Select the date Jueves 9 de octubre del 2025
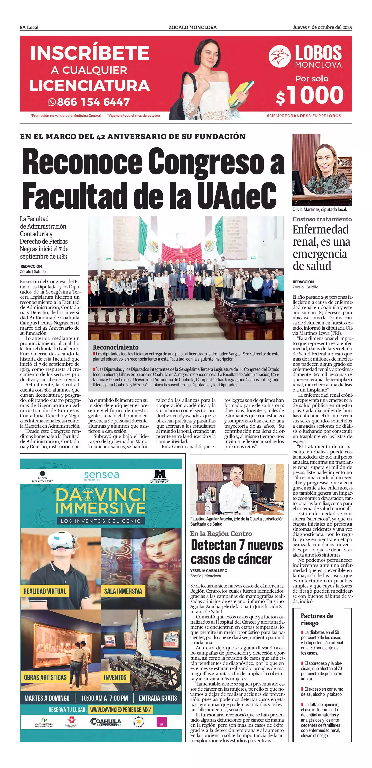322,27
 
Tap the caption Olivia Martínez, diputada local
319,210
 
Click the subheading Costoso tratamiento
322,219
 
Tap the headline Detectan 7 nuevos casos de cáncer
237,552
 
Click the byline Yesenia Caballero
209,571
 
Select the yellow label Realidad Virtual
45,591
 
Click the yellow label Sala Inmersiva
123,591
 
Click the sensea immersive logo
101,475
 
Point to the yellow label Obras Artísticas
45,678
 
